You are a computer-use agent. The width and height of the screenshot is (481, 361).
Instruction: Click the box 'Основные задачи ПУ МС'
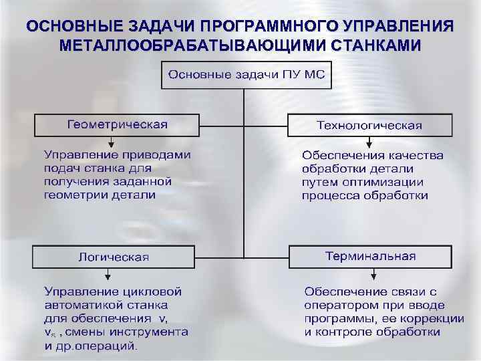click(x=245, y=75)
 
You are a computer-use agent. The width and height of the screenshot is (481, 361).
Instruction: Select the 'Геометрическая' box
click(x=117, y=125)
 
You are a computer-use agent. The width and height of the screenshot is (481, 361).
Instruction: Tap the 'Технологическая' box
click(x=369, y=125)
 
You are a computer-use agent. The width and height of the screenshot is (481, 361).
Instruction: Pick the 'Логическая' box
click(x=114, y=257)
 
